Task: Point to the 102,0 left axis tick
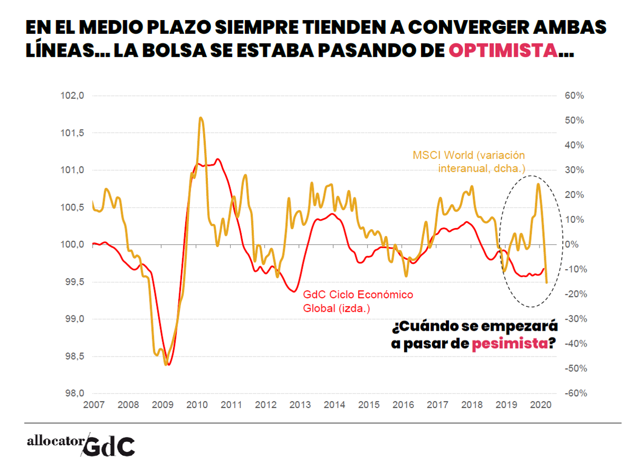(74, 96)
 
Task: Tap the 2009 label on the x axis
(162, 405)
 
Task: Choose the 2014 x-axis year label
(334, 405)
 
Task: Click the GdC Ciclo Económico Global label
(358, 302)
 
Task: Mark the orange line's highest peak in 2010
(201, 118)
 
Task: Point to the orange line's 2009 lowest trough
(166, 364)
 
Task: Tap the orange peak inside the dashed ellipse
(538, 184)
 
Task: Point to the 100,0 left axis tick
(74, 244)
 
